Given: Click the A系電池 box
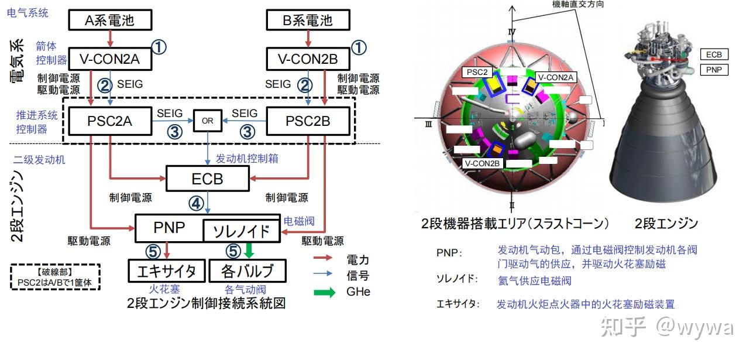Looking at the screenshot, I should click(110, 20).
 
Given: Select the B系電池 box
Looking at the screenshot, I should click(308, 20).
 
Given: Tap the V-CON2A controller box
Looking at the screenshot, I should click(110, 59).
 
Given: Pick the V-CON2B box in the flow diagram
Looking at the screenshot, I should click(308, 59).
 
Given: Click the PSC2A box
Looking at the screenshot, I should click(110, 122).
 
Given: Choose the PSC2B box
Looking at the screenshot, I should click(308, 122).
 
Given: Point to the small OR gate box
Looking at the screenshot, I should click(208, 121).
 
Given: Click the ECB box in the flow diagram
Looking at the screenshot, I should click(208, 178).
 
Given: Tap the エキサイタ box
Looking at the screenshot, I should click(167, 271).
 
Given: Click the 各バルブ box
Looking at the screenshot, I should click(248, 271).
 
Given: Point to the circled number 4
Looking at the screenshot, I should click(195, 203).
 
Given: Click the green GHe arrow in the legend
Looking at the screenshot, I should click(325, 291).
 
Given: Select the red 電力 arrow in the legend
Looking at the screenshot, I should click(325, 258).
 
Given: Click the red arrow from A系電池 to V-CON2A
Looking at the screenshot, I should click(110, 39).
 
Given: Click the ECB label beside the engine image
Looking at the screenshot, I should click(714, 54).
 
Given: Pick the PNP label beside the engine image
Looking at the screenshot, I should click(714, 70).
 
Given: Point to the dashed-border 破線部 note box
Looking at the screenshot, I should click(56, 277).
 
